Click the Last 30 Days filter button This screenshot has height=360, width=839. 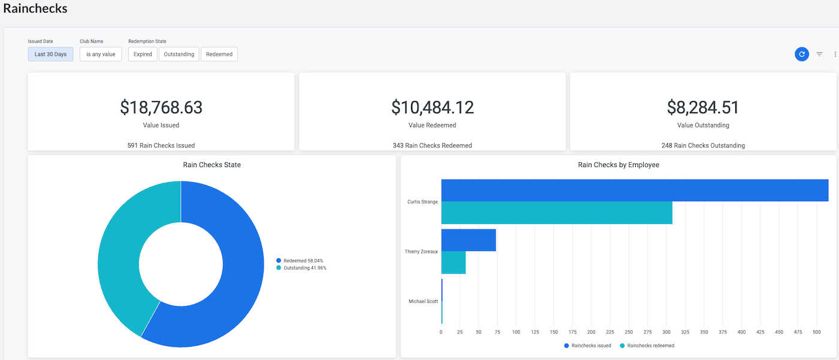pyautogui.click(x=50, y=55)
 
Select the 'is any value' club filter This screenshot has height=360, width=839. pyautogui.click(x=101, y=55)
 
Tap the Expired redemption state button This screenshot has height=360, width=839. pyautogui.click(x=143, y=55)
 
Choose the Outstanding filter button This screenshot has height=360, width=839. pyautogui.click(x=179, y=55)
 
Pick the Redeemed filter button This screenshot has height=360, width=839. pyautogui.click(x=219, y=55)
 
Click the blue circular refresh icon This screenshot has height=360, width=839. pyautogui.click(x=802, y=55)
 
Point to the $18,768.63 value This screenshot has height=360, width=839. pyautogui.click(x=161, y=107)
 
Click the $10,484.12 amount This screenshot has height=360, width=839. pyautogui.click(x=432, y=107)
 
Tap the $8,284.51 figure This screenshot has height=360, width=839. pyautogui.click(x=703, y=107)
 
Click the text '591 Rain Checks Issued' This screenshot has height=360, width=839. pyautogui.click(x=161, y=146)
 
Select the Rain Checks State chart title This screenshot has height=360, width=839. pyautogui.click(x=212, y=165)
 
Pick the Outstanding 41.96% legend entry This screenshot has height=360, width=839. pyautogui.click(x=301, y=268)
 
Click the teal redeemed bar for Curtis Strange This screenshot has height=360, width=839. pyautogui.click(x=557, y=213)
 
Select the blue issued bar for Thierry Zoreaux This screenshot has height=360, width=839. pyautogui.click(x=469, y=240)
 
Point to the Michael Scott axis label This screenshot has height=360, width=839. pyautogui.click(x=423, y=301)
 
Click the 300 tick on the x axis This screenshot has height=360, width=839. pyautogui.click(x=666, y=332)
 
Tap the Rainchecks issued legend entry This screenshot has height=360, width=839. pyautogui.click(x=588, y=346)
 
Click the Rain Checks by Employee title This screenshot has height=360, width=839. pyautogui.click(x=618, y=165)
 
